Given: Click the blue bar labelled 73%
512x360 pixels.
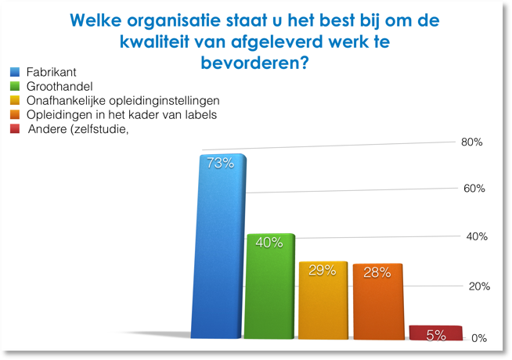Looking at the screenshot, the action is coord(218,246).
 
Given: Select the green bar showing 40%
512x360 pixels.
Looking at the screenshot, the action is coord(269,286).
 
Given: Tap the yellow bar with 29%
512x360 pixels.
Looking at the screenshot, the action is coord(323,301).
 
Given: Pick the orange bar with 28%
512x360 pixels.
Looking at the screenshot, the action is coord(378,301).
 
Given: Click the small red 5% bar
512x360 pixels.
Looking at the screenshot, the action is coord(436,333).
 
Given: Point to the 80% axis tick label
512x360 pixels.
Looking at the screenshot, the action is coord(471,142).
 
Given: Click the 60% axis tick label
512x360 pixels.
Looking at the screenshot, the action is coord(474,189).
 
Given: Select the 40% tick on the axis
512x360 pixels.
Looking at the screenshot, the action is coord(477,236).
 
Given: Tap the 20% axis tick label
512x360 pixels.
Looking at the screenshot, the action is coord(479,286).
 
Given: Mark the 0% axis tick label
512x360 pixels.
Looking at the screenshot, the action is coord(479,338).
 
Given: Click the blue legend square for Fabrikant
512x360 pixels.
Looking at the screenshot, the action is coord(15,72).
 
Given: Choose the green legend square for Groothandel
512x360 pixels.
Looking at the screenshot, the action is coord(15,86).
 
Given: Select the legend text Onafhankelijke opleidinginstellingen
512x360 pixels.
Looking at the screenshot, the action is coord(123,101).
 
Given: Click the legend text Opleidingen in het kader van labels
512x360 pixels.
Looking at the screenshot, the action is coord(122,114).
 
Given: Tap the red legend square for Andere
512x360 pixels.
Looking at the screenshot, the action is coord(15,129).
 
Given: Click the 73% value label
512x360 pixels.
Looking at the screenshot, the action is coord(221,163).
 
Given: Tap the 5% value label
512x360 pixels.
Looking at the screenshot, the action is coord(436,335).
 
